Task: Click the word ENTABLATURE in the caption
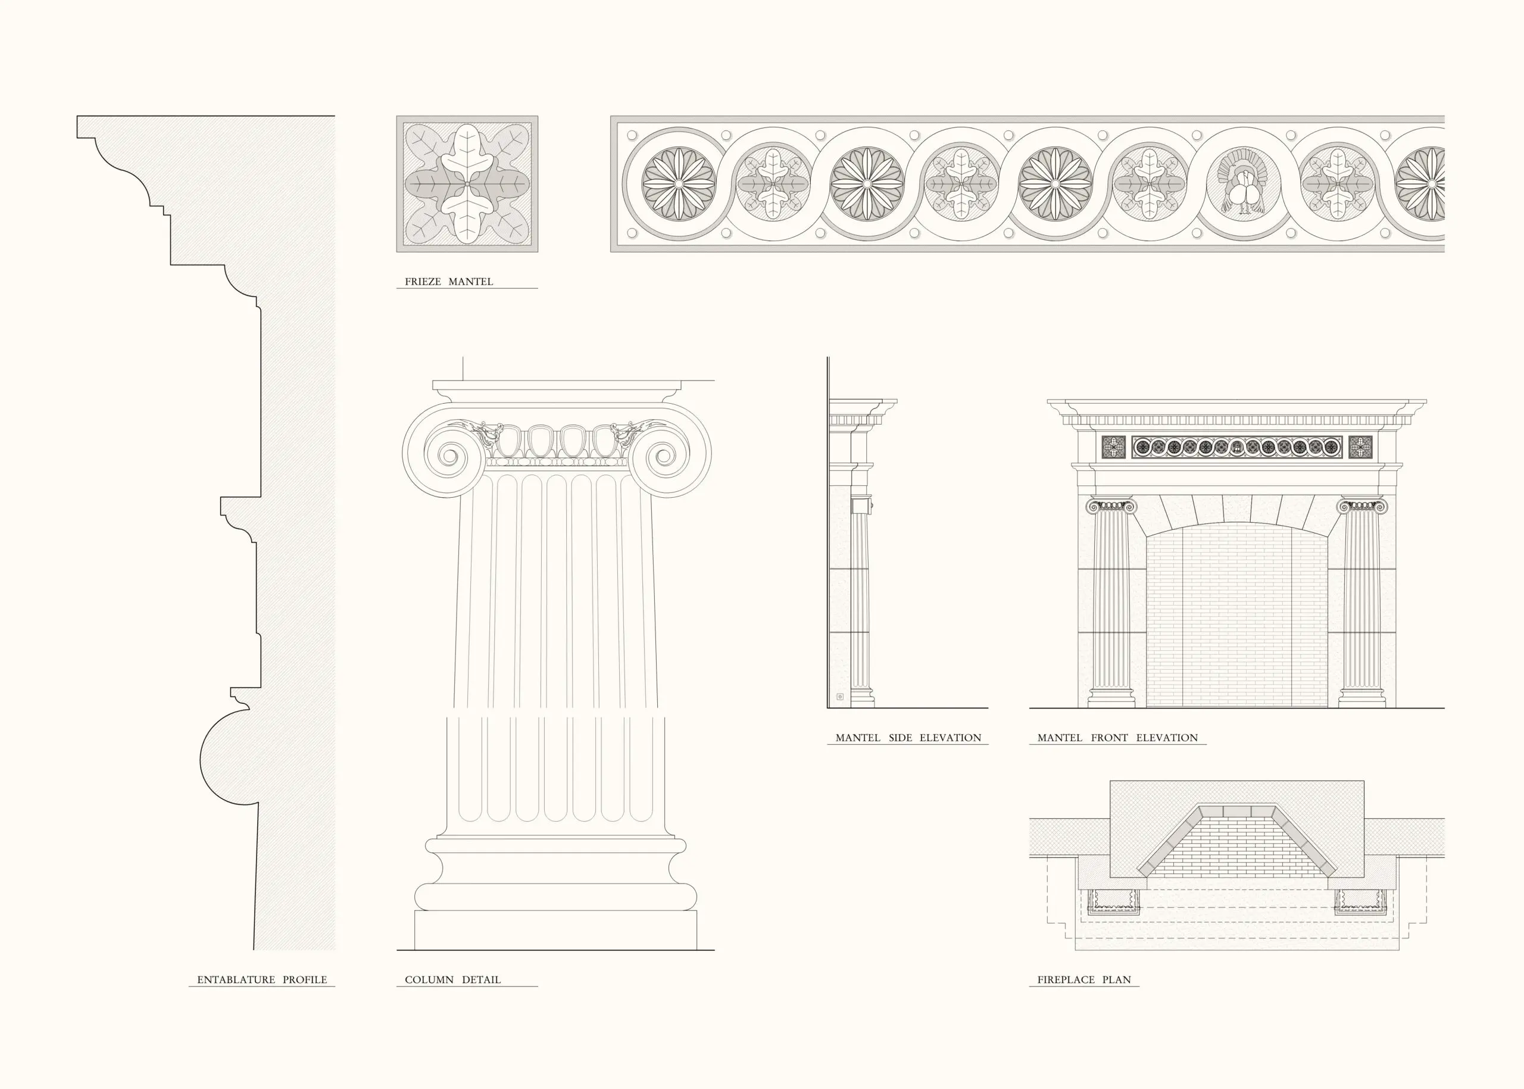pos(236,979)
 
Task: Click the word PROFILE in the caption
pos(304,979)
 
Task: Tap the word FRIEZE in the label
pos(423,282)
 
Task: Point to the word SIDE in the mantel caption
pos(901,738)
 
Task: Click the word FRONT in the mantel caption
pos(1110,738)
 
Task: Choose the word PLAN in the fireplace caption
pos(1116,979)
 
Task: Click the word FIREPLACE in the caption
pos(1066,979)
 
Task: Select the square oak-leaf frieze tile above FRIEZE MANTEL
pos(467,184)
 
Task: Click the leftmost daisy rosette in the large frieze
pos(679,183)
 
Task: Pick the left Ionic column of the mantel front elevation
pos(1111,604)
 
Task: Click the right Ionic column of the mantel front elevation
pos(1361,604)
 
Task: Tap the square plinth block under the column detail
pos(555,930)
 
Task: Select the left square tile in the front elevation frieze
pos(1114,447)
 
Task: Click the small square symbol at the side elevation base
pos(839,697)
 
